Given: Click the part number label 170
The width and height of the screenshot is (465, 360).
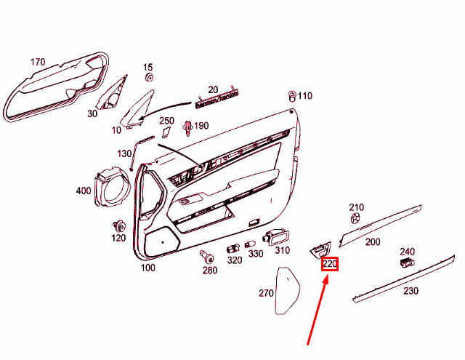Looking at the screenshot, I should click(38, 62).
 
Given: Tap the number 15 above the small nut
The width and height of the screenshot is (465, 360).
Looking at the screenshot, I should click(148, 67).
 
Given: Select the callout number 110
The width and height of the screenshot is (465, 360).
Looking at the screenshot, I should click(304, 96).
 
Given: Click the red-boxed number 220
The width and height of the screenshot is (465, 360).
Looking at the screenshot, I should click(331, 264).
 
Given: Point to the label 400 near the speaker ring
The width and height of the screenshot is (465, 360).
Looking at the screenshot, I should click(84, 191).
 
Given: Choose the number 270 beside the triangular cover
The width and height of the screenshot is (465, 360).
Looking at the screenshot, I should click(265, 294).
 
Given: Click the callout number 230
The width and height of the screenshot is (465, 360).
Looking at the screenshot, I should click(411, 291).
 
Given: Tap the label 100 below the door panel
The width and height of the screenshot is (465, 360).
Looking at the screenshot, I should click(147, 268).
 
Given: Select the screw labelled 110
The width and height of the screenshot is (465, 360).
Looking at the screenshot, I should click(292, 95).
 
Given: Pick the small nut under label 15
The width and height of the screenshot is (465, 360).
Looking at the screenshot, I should click(149, 77).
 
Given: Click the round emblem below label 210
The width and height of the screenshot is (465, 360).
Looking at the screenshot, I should click(355, 218).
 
